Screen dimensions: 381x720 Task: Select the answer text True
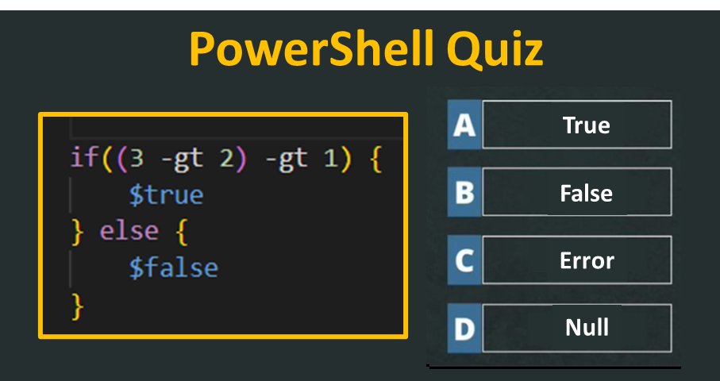[x=586, y=125]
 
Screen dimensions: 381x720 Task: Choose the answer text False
[x=586, y=193]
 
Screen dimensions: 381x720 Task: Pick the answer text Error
[x=587, y=260]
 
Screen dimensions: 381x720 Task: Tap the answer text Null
[x=587, y=327]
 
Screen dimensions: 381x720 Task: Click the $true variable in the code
[x=167, y=194]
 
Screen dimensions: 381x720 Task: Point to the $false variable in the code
[x=174, y=267]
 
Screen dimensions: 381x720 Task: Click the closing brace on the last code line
[x=77, y=304]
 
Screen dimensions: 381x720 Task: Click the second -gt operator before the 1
[x=286, y=158]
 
